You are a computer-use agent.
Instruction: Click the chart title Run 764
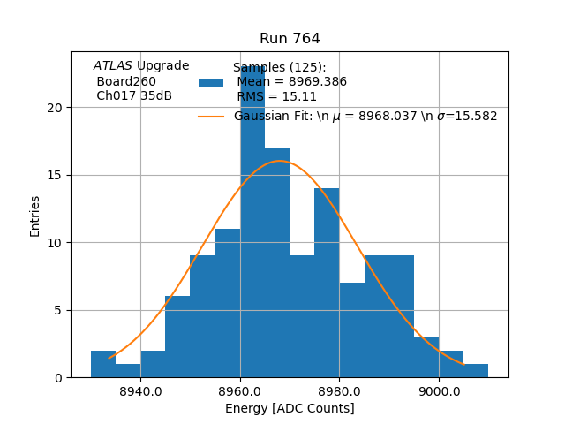click(290, 39)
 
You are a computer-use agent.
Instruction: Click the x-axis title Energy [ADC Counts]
click(290, 408)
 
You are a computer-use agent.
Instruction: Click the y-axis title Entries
click(35, 216)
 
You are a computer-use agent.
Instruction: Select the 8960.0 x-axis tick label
click(239, 391)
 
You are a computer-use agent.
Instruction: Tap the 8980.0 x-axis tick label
click(339, 391)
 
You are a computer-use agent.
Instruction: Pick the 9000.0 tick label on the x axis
click(439, 391)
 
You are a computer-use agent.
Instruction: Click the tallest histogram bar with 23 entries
click(252, 221)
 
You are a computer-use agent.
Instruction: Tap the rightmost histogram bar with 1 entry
click(476, 371)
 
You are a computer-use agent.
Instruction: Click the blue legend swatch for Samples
click(211, 83)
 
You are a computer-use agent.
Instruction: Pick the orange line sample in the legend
click(211, 117)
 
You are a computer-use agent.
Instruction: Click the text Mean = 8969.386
click(291, 82)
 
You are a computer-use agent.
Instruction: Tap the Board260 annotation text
click(126, 82)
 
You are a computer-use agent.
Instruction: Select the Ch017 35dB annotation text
click(134, 96)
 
